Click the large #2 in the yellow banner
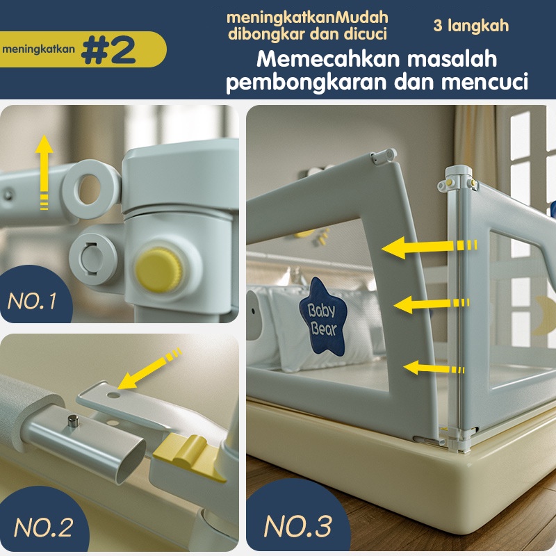coord(108,49)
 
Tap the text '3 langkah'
coord(471,26)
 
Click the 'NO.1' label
coord(32,302)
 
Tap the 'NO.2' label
coord(44,528)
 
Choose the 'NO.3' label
coord(298,526)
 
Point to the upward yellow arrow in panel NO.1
coord(44,172)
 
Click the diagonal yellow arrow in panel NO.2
coord(149,369)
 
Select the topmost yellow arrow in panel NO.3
coord(429,247)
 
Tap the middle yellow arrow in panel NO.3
coord(432,304)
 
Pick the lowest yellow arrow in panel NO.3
coord(434,368)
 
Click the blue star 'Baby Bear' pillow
coord(322,317)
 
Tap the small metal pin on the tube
coord(74,422)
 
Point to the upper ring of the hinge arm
coord(91,188)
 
